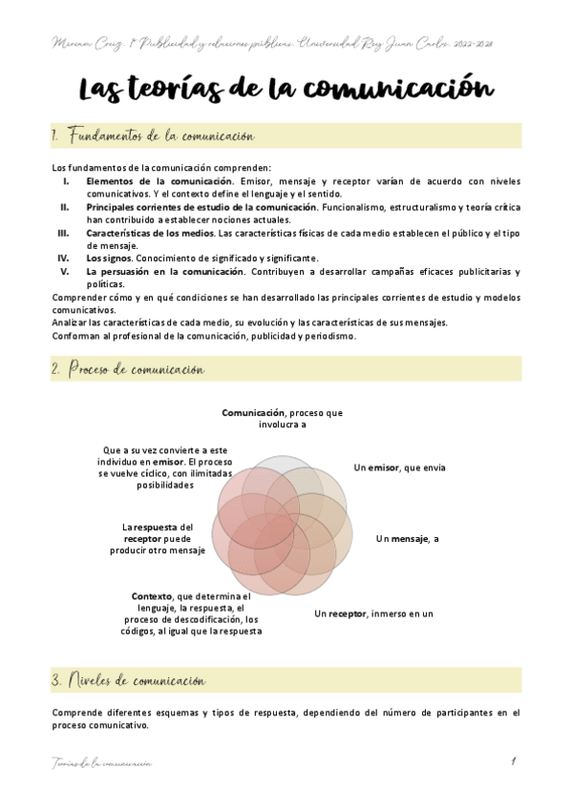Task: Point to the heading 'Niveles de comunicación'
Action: click(134, 680)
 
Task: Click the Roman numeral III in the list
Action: click(63, 232)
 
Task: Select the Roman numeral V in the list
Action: click(66, 271)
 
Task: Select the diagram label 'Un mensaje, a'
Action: click(407, 539)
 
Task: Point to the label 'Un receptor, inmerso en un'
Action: click(374, 613)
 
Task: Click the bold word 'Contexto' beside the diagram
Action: click(152, 596)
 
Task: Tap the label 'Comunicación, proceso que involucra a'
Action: click(282, 419)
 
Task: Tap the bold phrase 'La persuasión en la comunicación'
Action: click(164, 271)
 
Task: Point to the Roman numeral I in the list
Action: click(66, 180)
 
